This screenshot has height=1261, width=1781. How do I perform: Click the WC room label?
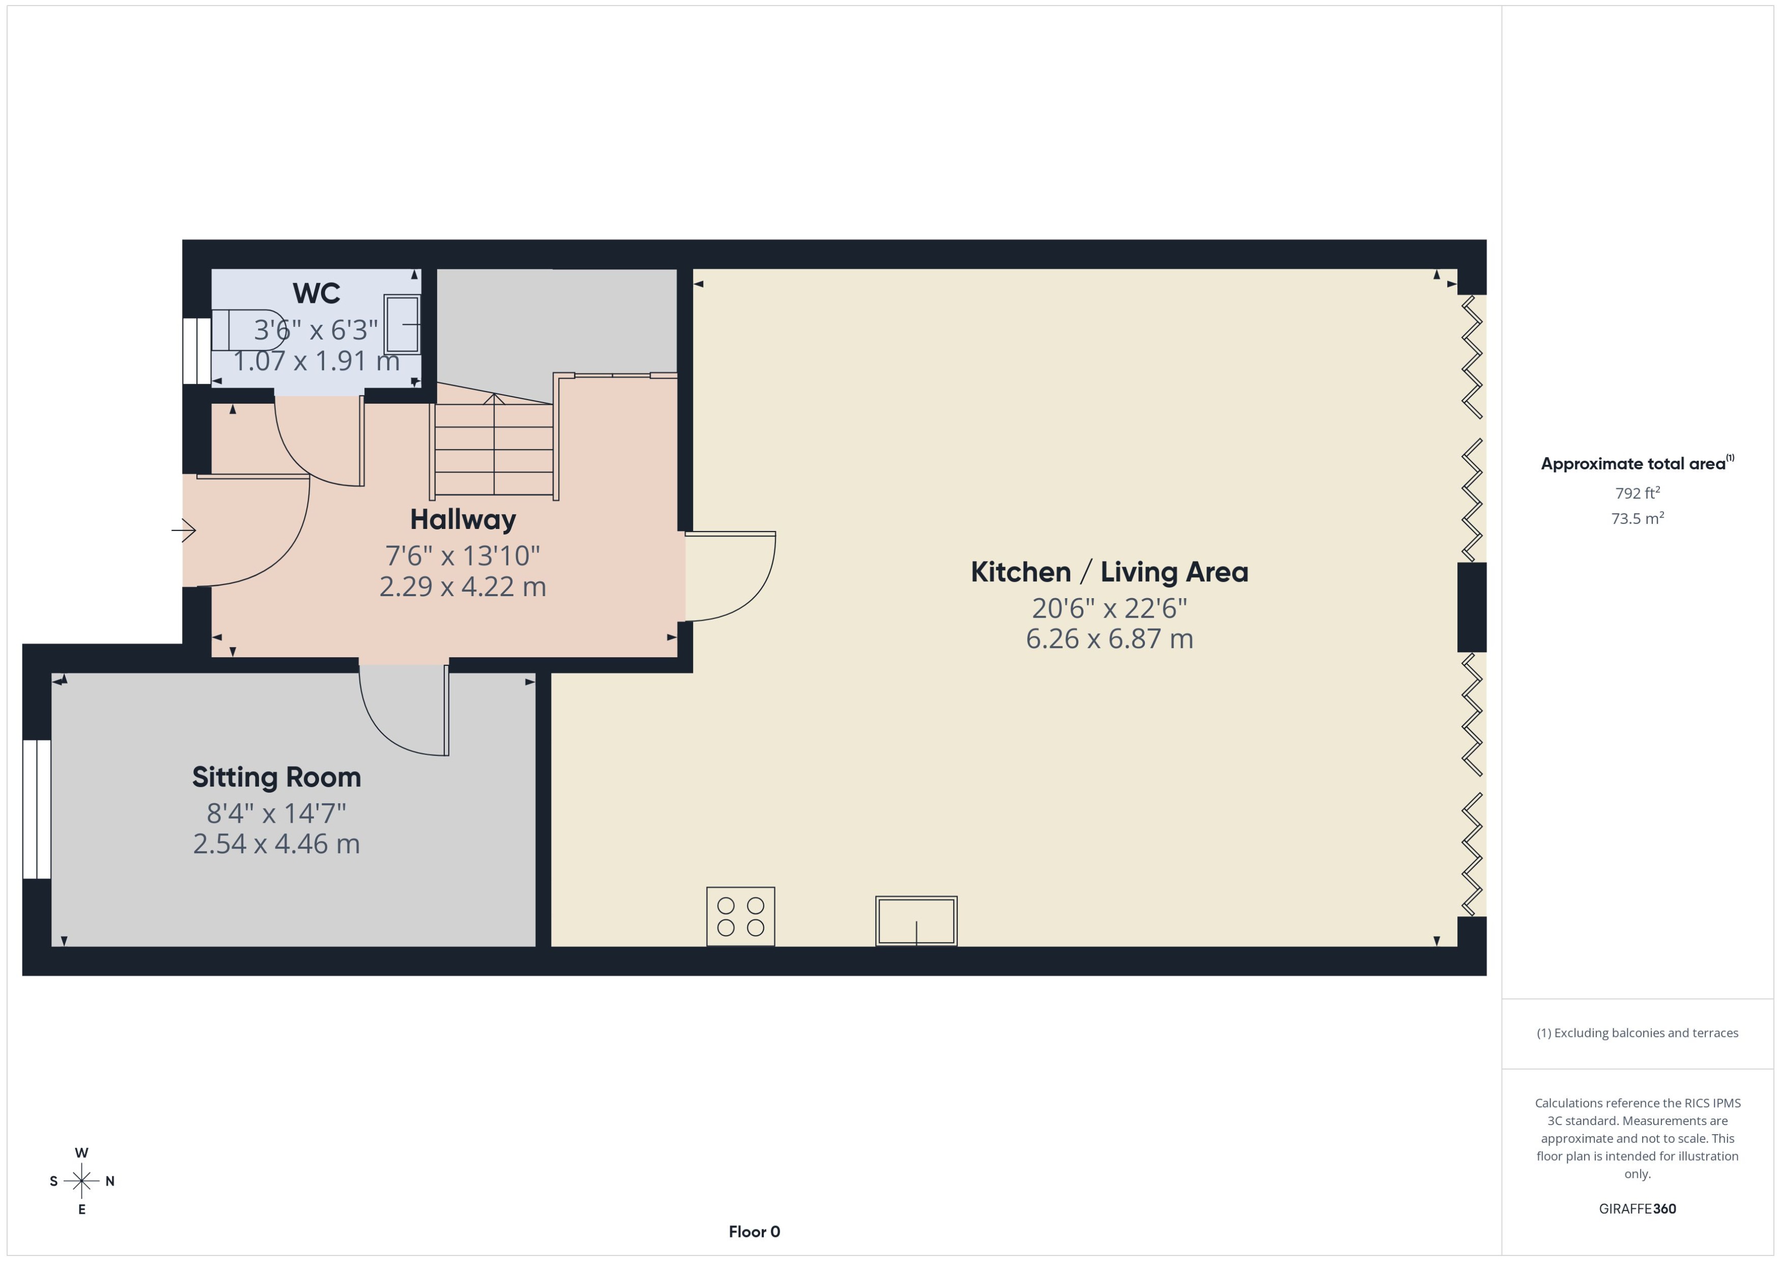316,294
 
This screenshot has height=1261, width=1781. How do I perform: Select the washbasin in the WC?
402,325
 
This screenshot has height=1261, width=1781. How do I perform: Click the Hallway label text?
463,519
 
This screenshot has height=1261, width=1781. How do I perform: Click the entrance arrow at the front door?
184,530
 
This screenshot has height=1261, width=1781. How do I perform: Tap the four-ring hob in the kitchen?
740,916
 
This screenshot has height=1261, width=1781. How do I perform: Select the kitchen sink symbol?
916,921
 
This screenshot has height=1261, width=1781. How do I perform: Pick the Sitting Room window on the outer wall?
37,809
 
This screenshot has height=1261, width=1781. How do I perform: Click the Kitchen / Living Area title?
1109,572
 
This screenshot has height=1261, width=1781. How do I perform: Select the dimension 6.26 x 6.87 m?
1109,639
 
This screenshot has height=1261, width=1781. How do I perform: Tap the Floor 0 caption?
754,1231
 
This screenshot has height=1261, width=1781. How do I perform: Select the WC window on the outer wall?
196,351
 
